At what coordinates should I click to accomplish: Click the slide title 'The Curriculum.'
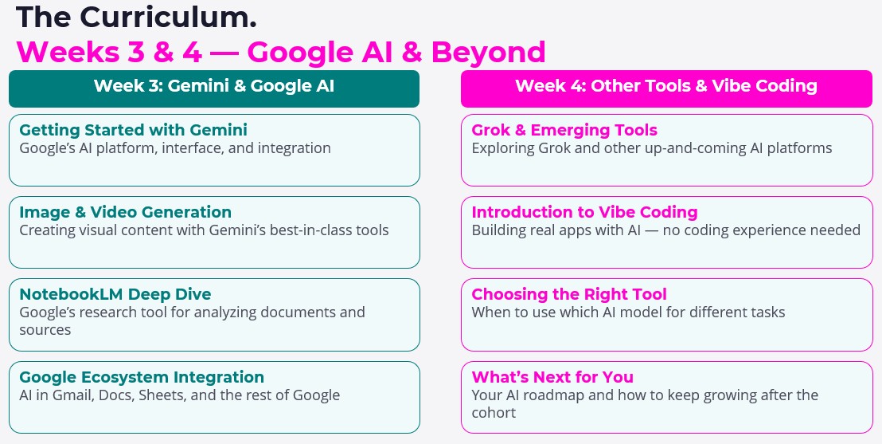[x=136, y=16]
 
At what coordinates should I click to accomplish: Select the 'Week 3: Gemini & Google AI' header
[x=213, y=87]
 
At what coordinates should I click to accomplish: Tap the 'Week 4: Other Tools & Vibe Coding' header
[x=665, y=87]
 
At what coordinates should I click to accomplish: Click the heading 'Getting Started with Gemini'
[x=133, y=130]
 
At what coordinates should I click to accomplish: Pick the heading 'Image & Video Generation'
[x=125, y=212]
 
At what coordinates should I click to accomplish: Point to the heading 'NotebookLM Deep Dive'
[x=115, y=294]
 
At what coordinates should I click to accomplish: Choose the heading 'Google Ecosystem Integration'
[x=142, y=377]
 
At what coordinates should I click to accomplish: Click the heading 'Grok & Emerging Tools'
[x=564, y=130]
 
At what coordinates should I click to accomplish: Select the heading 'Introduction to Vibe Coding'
[x=584, y=212]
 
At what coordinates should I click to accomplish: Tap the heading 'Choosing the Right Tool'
[x=569, y=294]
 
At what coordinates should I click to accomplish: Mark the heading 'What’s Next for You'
[x=552, y=377]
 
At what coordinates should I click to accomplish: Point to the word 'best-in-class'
[x=309, y=230]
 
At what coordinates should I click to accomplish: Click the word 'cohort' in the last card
[x=494, y=412]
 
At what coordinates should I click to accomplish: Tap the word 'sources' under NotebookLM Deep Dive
[x=45, y=329]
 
